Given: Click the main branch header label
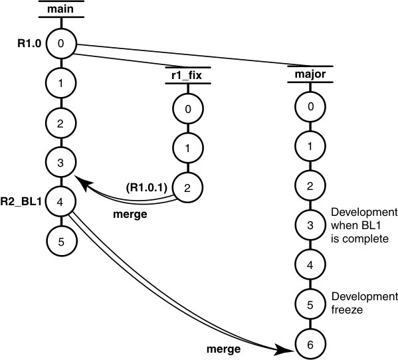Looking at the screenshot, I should [x=61, y=8].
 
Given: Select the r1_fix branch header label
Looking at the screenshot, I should [x=187, y=74].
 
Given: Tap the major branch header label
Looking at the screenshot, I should [x=310, y=74].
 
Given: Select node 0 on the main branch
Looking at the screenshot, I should [x=61, y=45].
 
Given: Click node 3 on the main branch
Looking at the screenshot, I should [x=61, y=161].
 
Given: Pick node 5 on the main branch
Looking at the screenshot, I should [x=61, y=240].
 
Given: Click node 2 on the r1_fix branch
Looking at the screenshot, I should [x=187, y=187].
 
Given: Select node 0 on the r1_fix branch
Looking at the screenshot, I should [x=187, y=108].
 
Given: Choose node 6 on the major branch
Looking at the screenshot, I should [x=310, y=344].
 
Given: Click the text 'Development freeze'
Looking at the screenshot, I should [x=363, y=303].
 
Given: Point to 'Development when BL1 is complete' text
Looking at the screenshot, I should [x=363, y=225].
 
